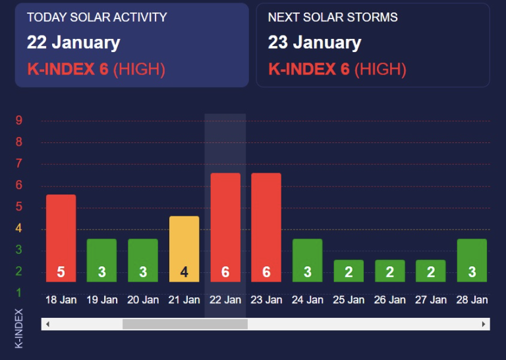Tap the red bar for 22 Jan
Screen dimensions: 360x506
click(225, 218)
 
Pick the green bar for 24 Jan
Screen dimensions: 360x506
click(307, 254)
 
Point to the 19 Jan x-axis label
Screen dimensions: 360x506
click(102, 300)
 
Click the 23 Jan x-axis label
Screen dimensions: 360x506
click(266, 300)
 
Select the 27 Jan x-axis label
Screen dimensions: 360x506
click(430, 300)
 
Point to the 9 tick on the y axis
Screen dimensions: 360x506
click(19, 121)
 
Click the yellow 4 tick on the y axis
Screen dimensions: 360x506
click(19, 229)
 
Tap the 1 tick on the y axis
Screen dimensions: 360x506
click(19, 292)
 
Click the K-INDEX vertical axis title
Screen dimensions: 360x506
click(19, 328)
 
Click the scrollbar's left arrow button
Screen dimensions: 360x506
click(47, 324)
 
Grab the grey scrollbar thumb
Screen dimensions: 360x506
click(184, 324)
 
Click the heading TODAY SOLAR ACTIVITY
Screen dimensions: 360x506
click(97, 17)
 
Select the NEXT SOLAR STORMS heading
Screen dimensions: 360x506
click(333, 17)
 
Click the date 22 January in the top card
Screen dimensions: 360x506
click(73, 43)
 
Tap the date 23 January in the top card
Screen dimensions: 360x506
click(314, 43)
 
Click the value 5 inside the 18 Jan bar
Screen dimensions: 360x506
click(61, 272)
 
